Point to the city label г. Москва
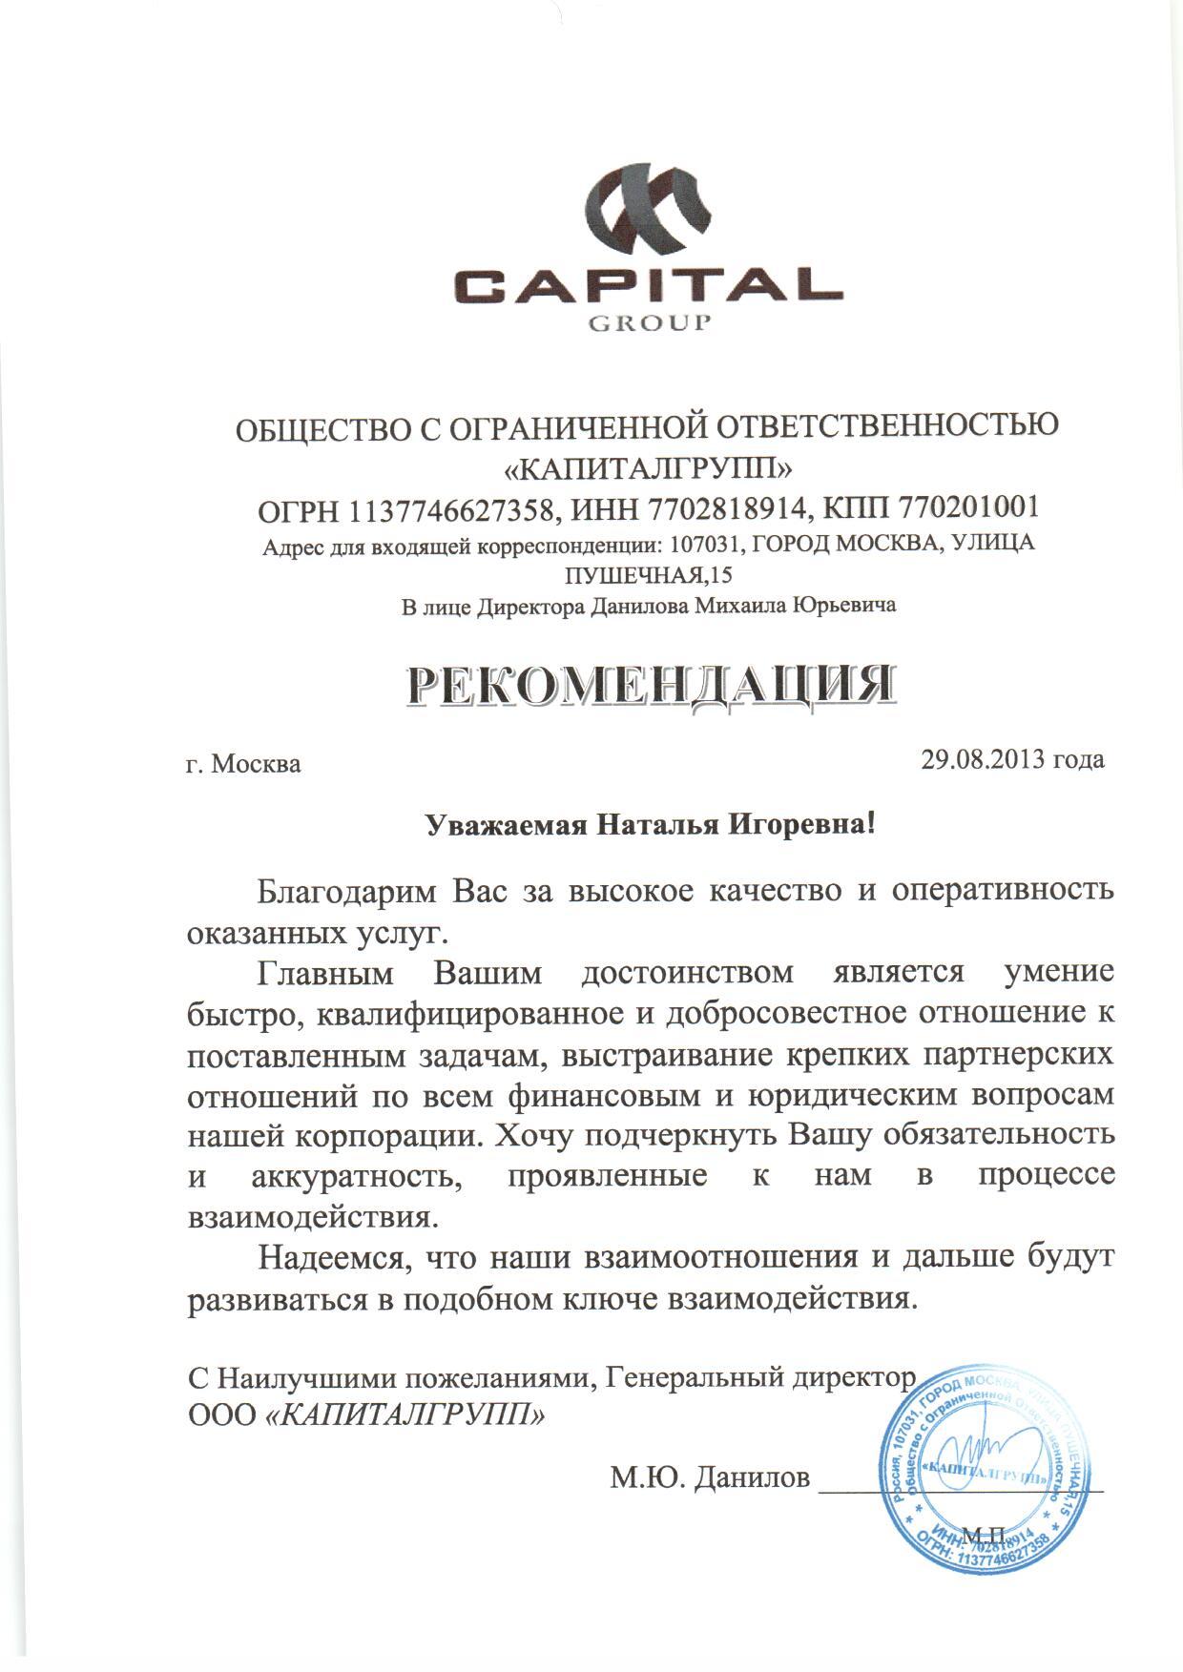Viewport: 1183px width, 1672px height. (x=243, y=764)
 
